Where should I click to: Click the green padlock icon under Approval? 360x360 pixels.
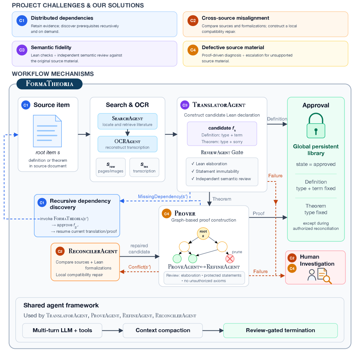click(316, 125)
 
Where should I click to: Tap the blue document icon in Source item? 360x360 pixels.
click(47, 131)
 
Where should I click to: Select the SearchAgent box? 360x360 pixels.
click(128, 121)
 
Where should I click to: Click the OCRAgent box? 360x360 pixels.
click(128, 144)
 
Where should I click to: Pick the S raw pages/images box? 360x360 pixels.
click(111, 167)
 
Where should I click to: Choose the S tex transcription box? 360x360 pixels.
click(144, 167)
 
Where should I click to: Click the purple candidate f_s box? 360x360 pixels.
click(222, 134)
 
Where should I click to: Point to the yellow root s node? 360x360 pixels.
click(203, 233)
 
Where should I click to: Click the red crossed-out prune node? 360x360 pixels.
click(230, 259)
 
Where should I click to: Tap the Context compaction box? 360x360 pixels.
click(163, 330)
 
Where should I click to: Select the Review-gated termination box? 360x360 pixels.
click(280, 330)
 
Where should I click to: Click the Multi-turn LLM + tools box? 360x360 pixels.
click(62, 330)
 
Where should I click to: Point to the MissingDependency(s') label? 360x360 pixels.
click(163, 197)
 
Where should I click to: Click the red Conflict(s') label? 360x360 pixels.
click(140, 267)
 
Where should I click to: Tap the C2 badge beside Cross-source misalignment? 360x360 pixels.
click(193, 21)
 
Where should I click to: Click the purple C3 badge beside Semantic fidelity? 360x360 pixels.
click(22, 50)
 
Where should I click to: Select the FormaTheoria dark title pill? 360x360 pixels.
click(50, 84)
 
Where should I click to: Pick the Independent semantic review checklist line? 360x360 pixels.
click(221, 179)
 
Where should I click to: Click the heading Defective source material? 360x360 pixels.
click(233, 47)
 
